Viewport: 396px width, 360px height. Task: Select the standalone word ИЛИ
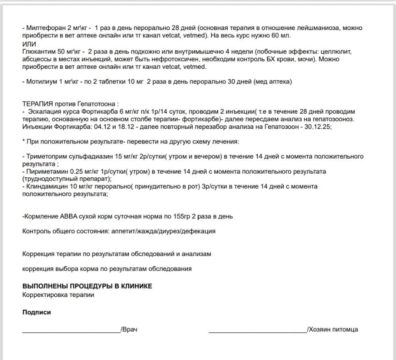pyautogui.click(x=29, y=44)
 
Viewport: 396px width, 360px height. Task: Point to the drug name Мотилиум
pyautogui.click(x=42, y=81)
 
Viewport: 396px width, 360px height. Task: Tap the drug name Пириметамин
pyautogui.click(x=44, y=171)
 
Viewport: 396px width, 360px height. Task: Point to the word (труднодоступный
pyautogui.click(x=47, y=179)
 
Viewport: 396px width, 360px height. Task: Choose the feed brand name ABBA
pyautogui.click(x=69, y=216)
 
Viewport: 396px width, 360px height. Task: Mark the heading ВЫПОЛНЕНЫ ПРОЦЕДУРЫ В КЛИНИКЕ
pyautogui.click(x=87, y=286)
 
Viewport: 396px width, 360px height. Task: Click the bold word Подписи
pyautogui.click(x=36, y=312)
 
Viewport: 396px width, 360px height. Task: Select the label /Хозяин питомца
pyautogui.click(x=332, y=329)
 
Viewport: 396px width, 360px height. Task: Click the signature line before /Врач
pyautogui.click(x=71, y=331)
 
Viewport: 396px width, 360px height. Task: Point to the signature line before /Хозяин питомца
pyautogui.click(x=257, y=331)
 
